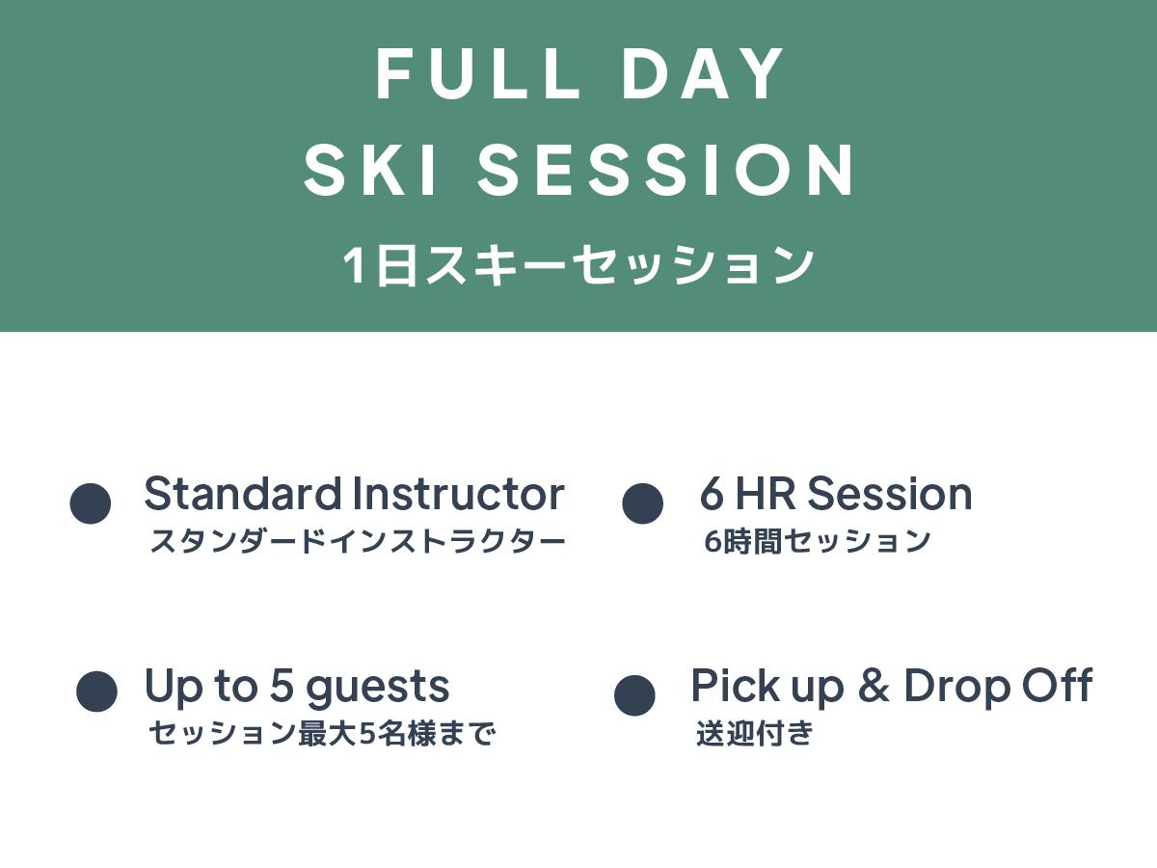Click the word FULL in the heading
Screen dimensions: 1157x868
click(477, 74)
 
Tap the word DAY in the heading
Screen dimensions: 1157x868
click(702, 74)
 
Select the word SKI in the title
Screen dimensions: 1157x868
click(370, 170)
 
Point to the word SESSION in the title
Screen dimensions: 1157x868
click(665, 170)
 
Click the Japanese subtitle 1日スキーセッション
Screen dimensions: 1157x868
click(578, 264)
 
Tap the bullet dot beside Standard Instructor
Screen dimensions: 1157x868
click(90, 503)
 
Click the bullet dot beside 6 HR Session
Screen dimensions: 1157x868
click(642, 503)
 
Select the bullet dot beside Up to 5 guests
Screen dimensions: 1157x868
click(96, 692)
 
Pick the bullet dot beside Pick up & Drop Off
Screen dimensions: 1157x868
click(634, 695)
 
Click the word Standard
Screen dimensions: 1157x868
click(242, 493)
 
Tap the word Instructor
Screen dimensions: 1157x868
click(459, 493)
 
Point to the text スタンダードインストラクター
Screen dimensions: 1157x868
click(358, 541)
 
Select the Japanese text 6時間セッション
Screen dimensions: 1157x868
click(817, 541)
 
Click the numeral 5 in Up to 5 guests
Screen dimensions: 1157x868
click(282, 686)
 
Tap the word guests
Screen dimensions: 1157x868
click(377, 689)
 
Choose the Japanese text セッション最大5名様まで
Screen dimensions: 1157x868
click(322, 734)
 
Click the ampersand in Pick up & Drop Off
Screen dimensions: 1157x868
click(874, 685)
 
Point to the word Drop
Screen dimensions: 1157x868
click(957, 689)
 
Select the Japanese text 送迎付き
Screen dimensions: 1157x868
click(754, 733)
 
